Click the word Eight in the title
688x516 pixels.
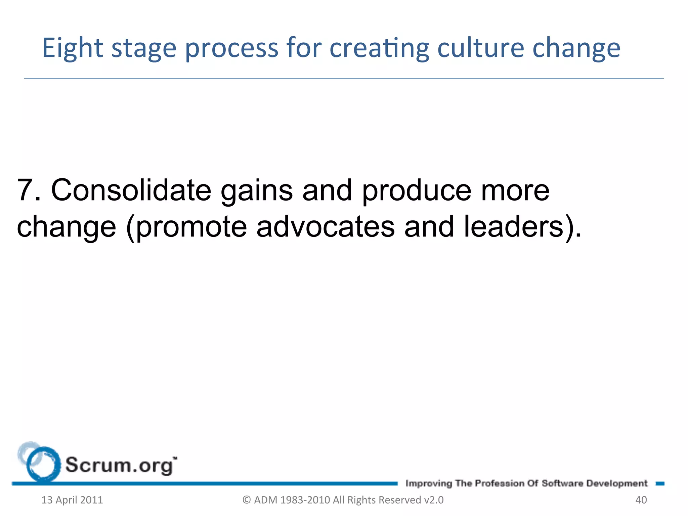point(72,48)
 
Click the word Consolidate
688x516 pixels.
point(131,190)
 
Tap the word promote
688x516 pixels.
point(191,227)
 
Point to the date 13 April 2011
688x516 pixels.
point(72,500)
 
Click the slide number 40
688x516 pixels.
point(641,500)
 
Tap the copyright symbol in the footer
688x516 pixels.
point(247,500)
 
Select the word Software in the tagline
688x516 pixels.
point(562,483)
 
